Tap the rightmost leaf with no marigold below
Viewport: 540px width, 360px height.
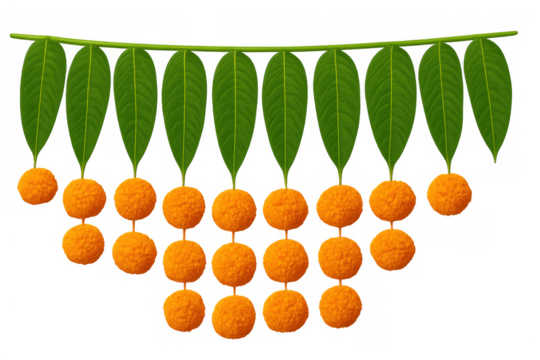pyautogui.click(x=489, y=95)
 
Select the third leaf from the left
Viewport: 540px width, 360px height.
pyautogui.click(x=135, y=105)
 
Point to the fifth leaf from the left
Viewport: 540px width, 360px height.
pyautogui.click(x=235, y=110)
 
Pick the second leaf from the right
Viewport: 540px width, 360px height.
pyautogui.click(x=441, y=100)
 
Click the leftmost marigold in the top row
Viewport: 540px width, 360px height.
pyautogui.click(x=38, y=187)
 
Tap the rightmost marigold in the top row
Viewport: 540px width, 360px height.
pyautogui.click(x=449, y=193)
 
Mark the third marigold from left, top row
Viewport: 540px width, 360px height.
pyautogui.click(x=134, y=198)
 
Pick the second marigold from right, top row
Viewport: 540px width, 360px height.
pyautogui.click(x=391, y=200)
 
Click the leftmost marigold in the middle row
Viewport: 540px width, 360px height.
pyautogui.click(x=82, y=245)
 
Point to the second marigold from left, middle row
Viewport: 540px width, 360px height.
pyautogui.click(x=133, y=252)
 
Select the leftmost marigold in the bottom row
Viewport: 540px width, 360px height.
pyautogui.click(x=184, y=311)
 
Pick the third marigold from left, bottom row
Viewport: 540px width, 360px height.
pyautogui.click(x=285, y=311)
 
